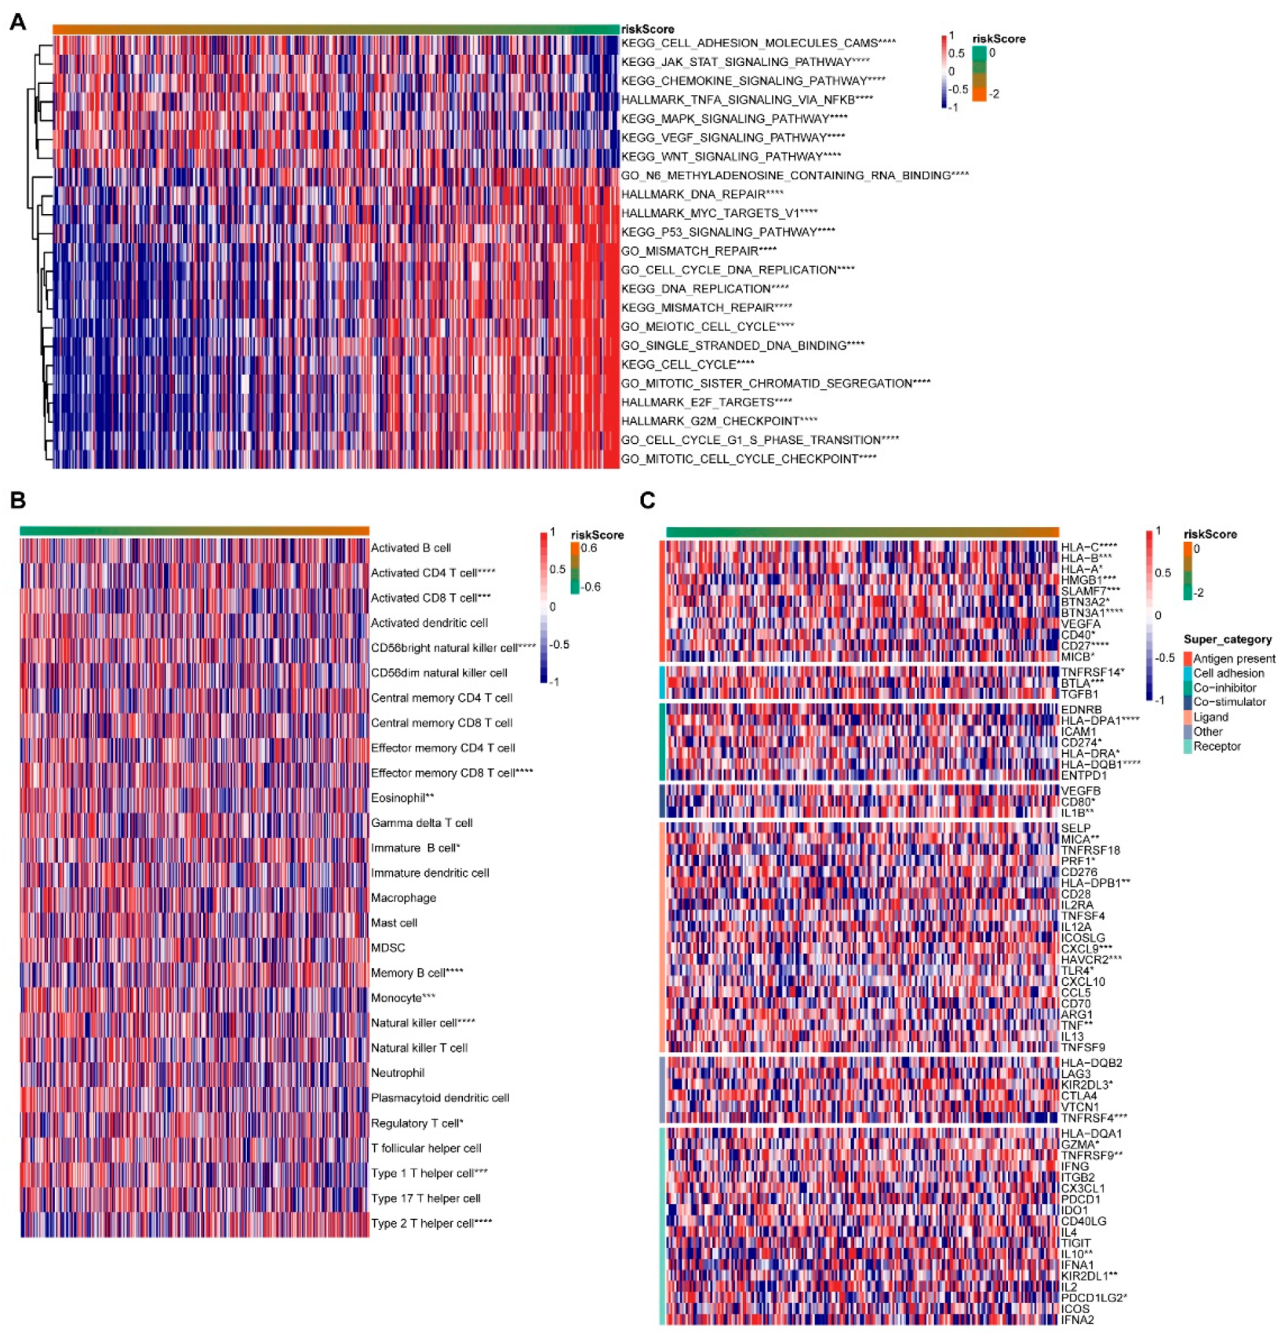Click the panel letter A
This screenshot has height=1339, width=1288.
pos(17,22)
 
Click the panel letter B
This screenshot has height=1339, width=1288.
pos(17,500)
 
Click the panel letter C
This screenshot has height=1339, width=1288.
pos(647,500)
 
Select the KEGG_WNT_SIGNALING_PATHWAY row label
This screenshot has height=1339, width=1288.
pos(730,156)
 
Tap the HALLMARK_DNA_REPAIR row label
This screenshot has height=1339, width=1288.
pos(702,194)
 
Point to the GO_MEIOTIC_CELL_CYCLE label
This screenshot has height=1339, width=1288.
pos(707,326)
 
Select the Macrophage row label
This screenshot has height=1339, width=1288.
pos(403,897)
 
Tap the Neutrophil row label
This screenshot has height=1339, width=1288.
pos(398,1072)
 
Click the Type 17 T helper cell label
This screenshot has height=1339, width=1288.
pos(425,1198)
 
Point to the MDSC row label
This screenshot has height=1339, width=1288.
pos(387,948)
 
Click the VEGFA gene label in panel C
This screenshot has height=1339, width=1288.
pos(1080,624)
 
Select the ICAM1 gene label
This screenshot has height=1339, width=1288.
pos(1079,731)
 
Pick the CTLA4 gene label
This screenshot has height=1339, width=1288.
pos(1079,1095)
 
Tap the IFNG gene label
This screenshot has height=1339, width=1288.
pos(1075,1166)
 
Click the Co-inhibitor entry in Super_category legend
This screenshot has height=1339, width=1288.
pos(1224,687)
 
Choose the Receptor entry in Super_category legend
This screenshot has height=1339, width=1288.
pos(1217,746)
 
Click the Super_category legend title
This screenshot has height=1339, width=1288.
pos(1227,639)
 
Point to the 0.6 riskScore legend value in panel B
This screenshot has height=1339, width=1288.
pos(588,548)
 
